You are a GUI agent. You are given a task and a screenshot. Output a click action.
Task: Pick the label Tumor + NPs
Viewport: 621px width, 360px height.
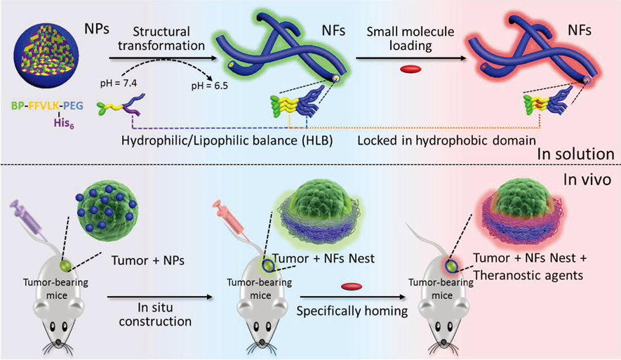142,261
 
